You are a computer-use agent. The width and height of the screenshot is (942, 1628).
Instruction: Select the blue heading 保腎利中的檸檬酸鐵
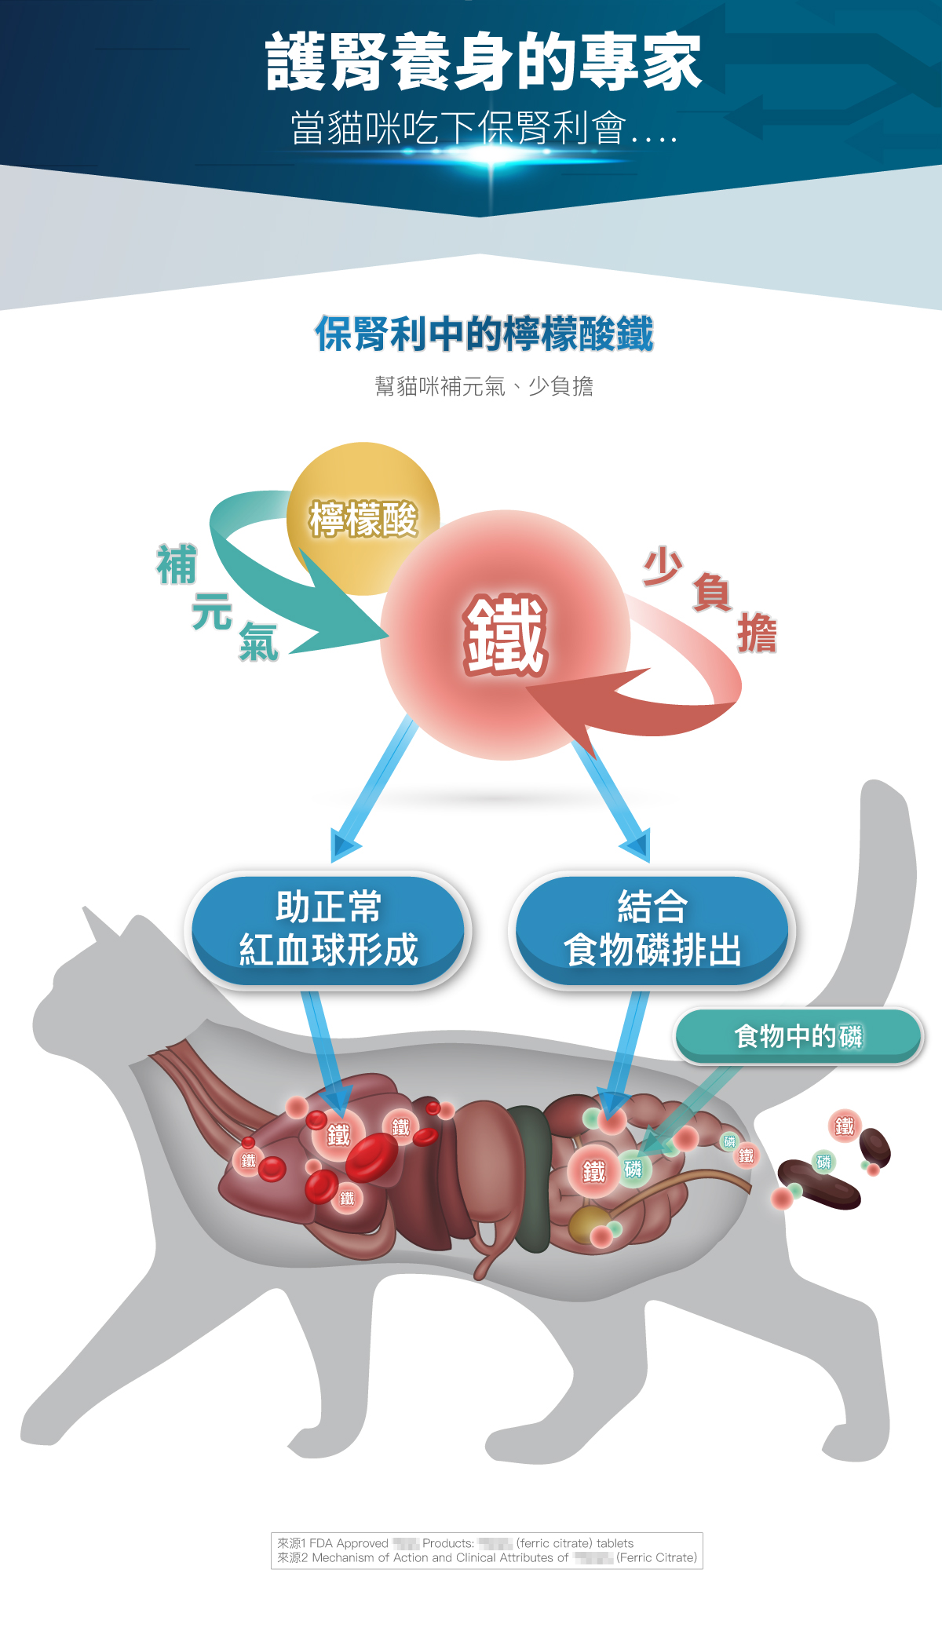pos(484,334)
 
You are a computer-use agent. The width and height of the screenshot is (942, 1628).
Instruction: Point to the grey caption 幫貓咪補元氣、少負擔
pos(484,386)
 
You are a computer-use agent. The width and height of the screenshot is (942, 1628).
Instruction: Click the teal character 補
pos(176,565)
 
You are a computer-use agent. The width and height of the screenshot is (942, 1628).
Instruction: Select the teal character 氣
pos(258,642)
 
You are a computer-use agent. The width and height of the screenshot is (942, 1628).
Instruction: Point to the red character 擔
pos(757,634)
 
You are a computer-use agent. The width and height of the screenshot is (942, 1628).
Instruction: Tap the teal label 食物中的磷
pos(798,1036)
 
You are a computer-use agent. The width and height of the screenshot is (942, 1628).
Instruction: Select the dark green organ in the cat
pos(530,1177)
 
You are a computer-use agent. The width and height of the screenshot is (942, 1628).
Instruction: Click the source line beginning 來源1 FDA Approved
pos(455,1543)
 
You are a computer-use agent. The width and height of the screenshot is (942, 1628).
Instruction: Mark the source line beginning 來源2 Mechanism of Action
pos(487,1557)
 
